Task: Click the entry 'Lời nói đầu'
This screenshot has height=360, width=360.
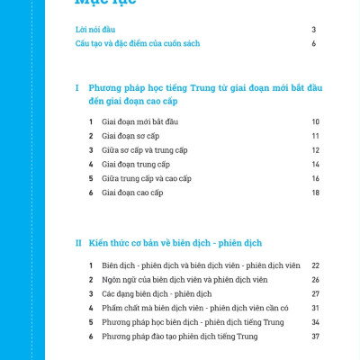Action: click(98, 30)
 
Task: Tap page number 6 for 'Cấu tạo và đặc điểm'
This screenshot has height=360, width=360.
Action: click(314, 43)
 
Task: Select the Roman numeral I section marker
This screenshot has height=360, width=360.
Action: click(78, 87)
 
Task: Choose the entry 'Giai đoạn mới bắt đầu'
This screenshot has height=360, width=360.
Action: click(140, 121)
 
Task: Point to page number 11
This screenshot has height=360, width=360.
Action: click(316, 136)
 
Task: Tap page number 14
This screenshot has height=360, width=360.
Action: click(316, 165)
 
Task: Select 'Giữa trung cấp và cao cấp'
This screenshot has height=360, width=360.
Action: click(147, 179)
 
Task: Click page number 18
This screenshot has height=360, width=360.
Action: click(316, 193)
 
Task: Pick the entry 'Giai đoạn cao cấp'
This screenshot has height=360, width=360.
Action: click(132, 193)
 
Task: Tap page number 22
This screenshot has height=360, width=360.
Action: click(316, 265)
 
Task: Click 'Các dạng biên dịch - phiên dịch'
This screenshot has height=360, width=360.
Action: click(157, 293)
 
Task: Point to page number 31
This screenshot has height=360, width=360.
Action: click(316, 308)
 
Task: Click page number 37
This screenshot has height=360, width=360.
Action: click(316, 337)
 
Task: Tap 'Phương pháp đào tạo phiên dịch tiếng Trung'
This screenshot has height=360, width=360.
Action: click(179, 337)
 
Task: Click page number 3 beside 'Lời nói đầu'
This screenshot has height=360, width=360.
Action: click(314, 30)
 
